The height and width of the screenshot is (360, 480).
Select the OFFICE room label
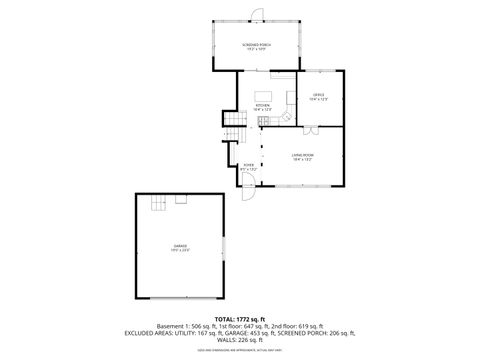(317, 97)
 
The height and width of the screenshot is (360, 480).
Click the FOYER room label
(248, 168)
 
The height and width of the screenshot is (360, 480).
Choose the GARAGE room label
(180, 246)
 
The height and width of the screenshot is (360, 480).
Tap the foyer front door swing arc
(251, 194)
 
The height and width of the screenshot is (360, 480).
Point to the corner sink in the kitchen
(286, 116)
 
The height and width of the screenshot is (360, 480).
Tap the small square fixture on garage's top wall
(181, 200)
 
